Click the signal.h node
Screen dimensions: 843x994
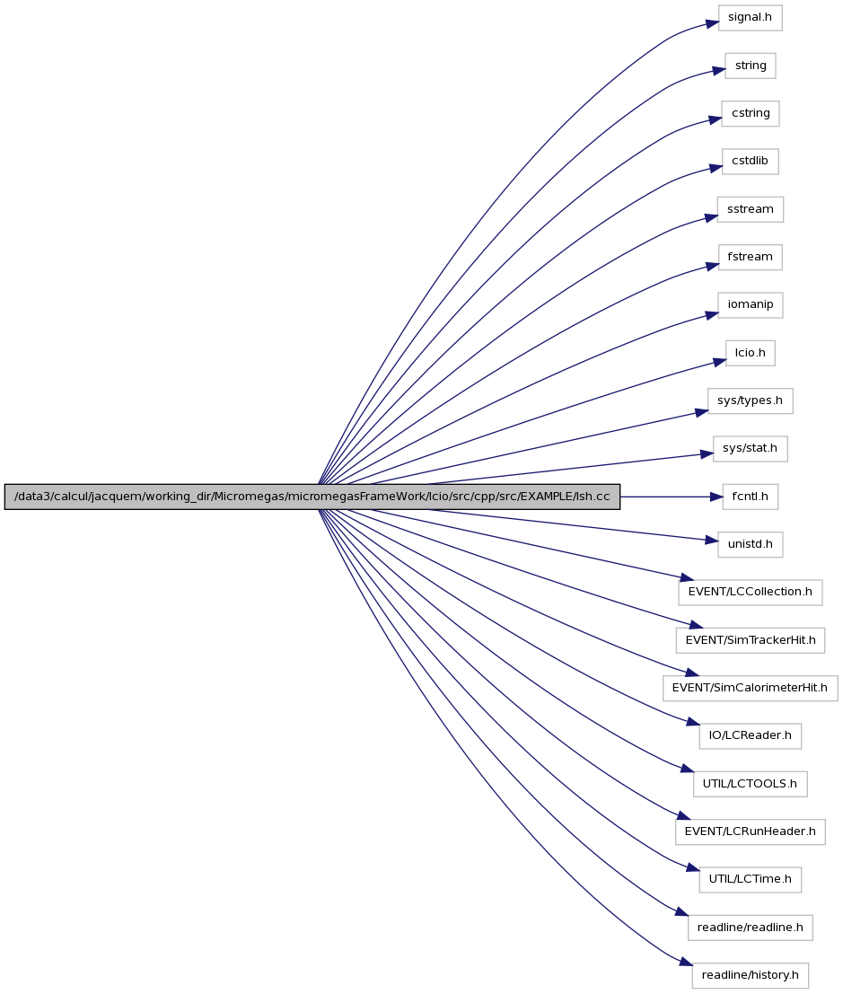click(750, 18)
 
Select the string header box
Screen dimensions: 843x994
click(750, 66)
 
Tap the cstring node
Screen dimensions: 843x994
click(750, 113)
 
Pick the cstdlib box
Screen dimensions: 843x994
click(750, 161)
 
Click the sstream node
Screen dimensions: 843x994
click(750, 209)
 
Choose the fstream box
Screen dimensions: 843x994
click(750, 257)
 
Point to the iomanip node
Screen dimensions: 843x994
click(750, 305)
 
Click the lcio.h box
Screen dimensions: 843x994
click(750, 353)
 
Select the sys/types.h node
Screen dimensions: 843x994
click(750, 400)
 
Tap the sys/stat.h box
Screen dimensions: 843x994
click(750, 449)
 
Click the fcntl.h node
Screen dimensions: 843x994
click(750, 497)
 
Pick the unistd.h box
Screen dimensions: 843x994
click(750, 544)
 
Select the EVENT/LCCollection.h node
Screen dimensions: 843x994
click(750, 592)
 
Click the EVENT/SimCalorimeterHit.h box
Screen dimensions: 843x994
click(750, 688)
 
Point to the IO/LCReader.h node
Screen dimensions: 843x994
click(750, 736)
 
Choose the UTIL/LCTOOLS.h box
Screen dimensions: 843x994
click(750, 784)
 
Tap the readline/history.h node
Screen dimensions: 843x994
click(750, 975)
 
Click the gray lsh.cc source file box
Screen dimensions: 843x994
click(312, 497)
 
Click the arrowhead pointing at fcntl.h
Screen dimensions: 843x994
click(716, 497)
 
